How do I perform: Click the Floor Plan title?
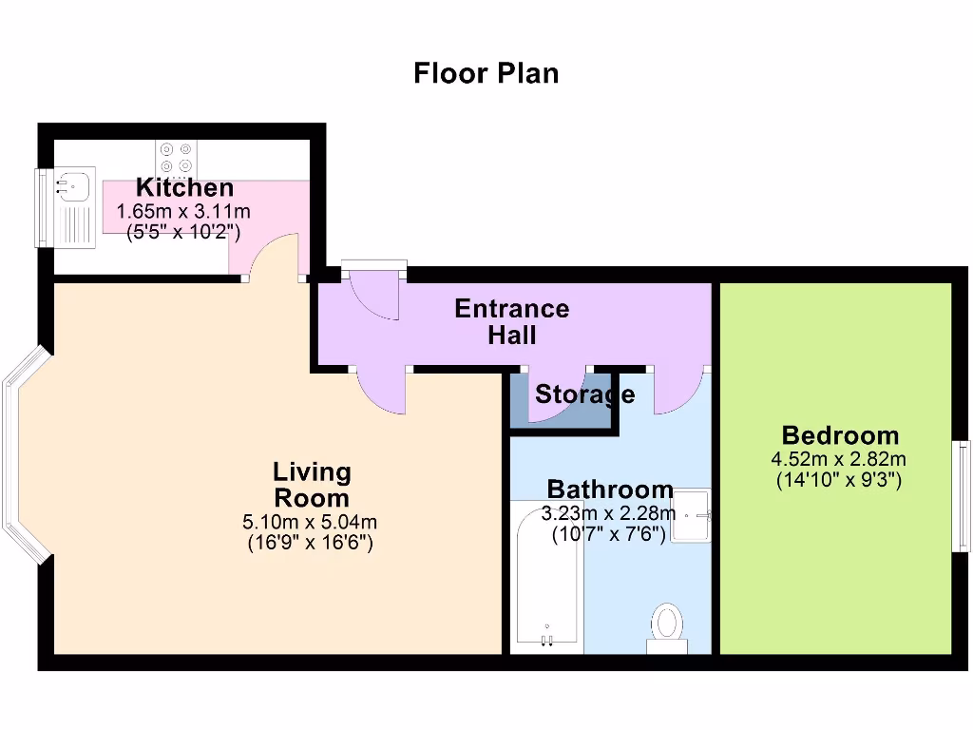(486, 73)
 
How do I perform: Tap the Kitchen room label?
(184, 187)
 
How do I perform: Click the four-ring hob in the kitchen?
(177, 157)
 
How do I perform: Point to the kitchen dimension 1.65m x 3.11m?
(183, 212)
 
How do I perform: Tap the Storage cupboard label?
(583, 394)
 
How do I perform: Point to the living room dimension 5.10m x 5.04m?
(310, 522)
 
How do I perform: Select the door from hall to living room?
(382, 390)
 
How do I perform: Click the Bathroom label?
(609, 490)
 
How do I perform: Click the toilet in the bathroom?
(667, 626)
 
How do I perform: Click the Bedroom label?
(839, 435)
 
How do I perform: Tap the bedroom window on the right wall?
(962, 495)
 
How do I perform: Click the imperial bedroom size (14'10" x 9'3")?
(839, 480)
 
